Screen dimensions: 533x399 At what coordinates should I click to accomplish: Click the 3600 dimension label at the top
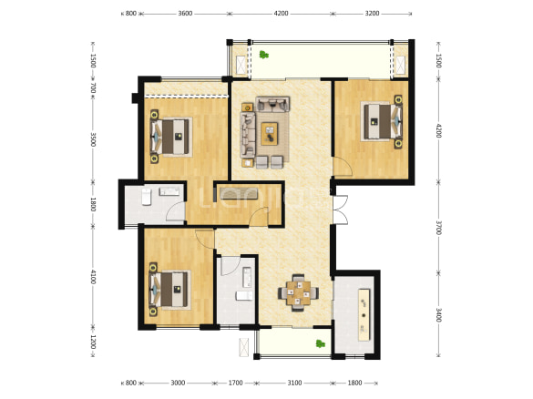[185, 14]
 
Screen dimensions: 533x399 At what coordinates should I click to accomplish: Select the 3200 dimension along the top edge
[372, 14]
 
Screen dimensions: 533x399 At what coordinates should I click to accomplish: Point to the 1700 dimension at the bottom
[235, 383]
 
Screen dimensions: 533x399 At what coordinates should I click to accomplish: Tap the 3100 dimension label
[294, 383]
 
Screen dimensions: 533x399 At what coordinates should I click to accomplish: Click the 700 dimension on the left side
[93, 88]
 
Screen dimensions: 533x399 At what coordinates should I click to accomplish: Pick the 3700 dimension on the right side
[438, 228]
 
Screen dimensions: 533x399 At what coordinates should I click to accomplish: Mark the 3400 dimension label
[438, 314]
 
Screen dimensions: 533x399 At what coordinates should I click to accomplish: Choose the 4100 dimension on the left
[93, 277]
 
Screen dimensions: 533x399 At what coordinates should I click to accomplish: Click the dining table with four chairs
[299, 292]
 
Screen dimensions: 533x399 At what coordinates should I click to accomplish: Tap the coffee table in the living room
[269, 134]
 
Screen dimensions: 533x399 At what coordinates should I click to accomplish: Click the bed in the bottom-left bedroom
[169, 290]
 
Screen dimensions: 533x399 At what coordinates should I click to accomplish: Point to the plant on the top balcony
[264, 55]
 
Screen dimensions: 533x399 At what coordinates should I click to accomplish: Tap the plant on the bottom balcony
[320, 343]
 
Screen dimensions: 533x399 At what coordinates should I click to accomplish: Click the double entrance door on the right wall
[340, 210]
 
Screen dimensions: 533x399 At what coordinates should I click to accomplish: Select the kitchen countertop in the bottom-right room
[364, 314]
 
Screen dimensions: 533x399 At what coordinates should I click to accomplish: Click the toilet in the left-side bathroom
[146, 197]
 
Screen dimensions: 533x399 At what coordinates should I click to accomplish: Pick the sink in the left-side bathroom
[169, 191]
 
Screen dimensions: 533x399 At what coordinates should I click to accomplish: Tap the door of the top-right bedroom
[343, 167]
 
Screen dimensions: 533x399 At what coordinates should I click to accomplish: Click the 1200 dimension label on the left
[93, 342]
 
